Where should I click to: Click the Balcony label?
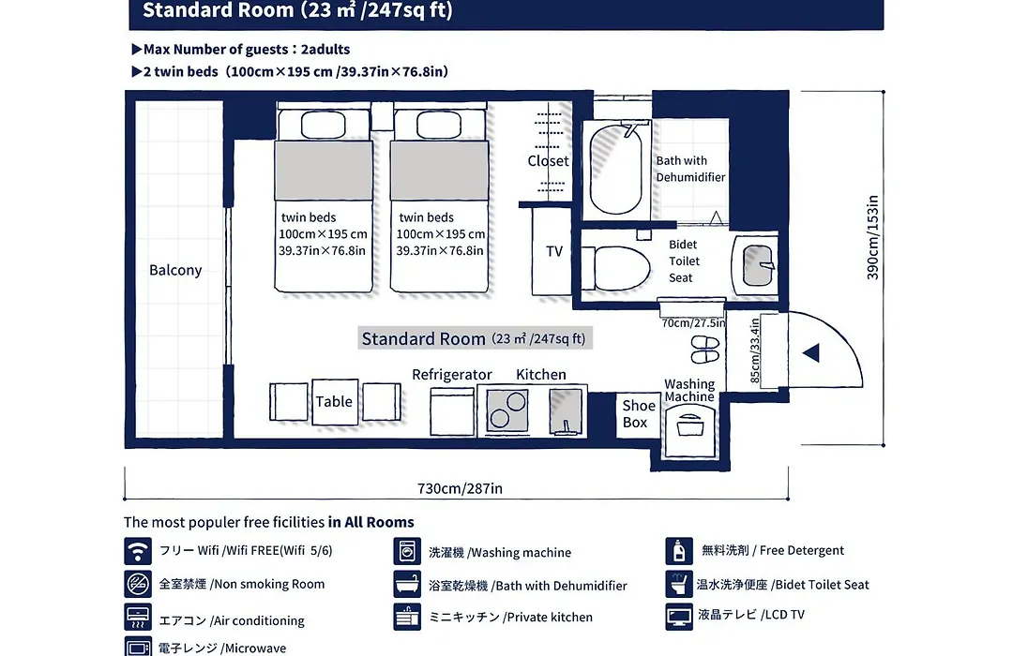click(x=175, y=270)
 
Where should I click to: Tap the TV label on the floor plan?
click(x=554, y=251)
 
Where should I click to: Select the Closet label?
click(x=548, y=161)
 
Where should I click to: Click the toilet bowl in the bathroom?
click(x=615, y=268)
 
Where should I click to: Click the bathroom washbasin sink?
click(x=757, y=265)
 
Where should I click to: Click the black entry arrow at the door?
click(x=810, y=352)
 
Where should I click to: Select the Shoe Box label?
click(x=638, y=414)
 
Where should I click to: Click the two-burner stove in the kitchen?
click(x=507, y=410)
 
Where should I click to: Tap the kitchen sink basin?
click(x=566, y=411)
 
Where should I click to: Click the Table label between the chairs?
click(x=334, y=402)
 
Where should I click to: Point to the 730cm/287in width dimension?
click(x=460, y=489)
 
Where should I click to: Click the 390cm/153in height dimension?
click(x=873, y=238)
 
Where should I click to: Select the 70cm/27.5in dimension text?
click(x=693, y=322)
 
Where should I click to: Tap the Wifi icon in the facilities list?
click(x=138, y=551)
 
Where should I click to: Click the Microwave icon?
click(x=138, y=647)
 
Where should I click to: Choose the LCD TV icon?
click(x=679, y=616)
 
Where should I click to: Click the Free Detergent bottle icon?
click(x=679, y=551)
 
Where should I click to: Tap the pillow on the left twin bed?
click(x=323, y=126)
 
